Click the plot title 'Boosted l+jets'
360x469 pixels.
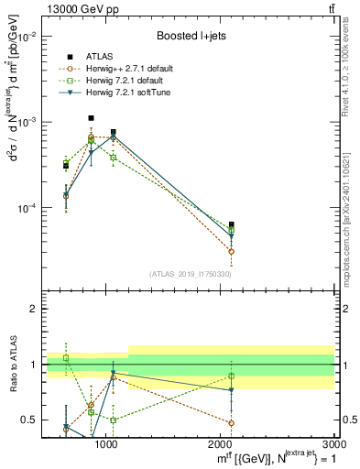click(191, 36)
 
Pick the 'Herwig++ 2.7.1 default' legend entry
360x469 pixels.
click(132, 69)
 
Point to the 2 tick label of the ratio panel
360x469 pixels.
click(31, 310)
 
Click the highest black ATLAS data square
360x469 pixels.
click(91, 118)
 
